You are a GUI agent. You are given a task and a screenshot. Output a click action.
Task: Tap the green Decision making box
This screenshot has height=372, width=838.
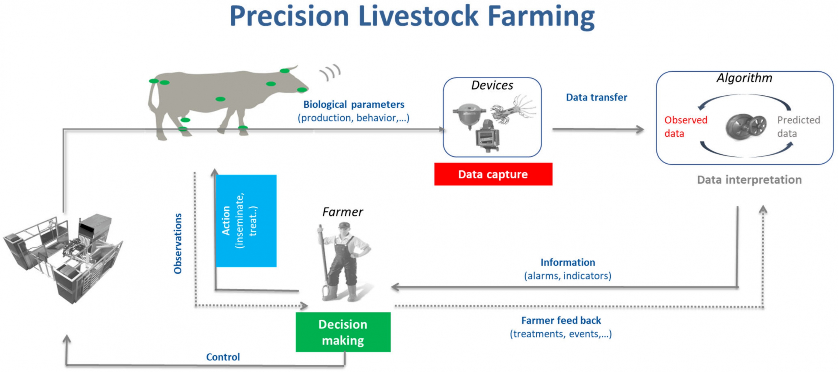[x=343, y=332]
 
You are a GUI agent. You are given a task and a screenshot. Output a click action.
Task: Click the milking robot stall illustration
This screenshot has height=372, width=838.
[x=63, y=257]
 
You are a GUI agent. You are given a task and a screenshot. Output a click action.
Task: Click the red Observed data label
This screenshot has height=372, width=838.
[x=685, y=127]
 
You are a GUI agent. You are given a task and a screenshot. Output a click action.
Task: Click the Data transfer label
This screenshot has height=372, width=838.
[x=596, y=97]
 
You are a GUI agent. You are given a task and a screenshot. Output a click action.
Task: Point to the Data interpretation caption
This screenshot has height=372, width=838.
[x=749, y=180]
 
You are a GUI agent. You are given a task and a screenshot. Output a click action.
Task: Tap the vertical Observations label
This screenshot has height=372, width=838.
[x=178, y=244]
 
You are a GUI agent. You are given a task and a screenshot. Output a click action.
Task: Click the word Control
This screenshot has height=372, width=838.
[x=223, y=357]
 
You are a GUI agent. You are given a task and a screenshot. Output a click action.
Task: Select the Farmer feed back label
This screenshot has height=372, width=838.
[x=561, y=321]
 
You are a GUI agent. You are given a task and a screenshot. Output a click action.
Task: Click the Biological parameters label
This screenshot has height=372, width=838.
[x=354, y=105]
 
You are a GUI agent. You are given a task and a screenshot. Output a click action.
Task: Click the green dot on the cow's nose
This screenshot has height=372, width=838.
[x=302, y=90]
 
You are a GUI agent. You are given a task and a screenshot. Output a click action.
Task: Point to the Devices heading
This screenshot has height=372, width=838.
[x=492, y=85]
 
